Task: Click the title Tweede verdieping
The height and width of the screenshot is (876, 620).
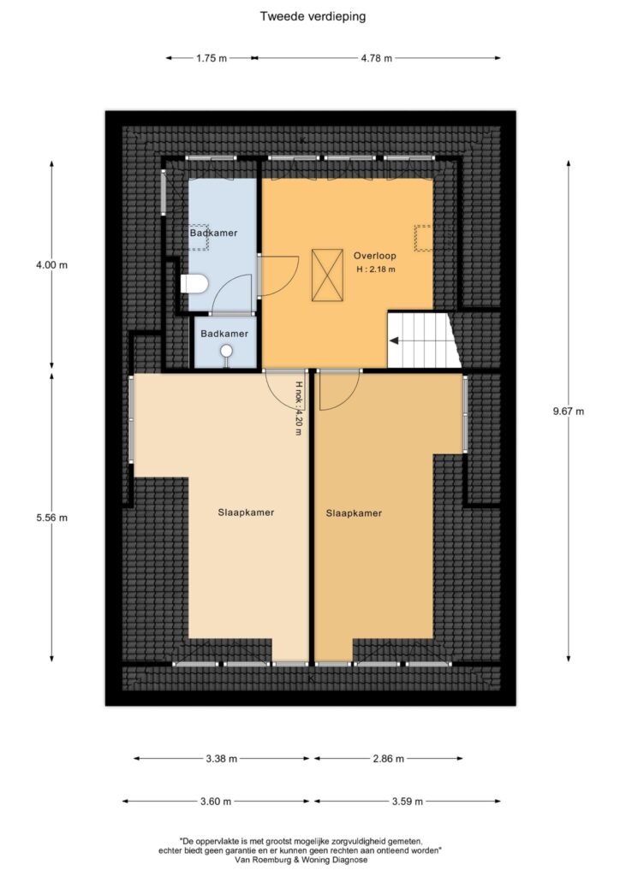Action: tap(313, 16)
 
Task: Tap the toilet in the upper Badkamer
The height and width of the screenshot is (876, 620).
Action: tap(194, 284)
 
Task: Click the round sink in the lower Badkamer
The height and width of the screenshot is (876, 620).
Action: tap(226, 351)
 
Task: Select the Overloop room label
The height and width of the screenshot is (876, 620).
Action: tap(374, 256)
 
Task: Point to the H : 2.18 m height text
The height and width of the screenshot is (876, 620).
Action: tap(376, 269)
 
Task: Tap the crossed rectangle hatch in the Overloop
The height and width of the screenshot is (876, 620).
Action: tap(327, 275)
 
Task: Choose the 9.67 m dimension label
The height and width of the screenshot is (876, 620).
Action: tap(569, 411)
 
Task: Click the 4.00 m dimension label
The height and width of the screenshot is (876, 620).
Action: tap(51, 265)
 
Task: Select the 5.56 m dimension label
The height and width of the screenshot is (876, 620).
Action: tap(51, 518)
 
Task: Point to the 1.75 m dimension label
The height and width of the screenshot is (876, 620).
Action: tap(212, 57)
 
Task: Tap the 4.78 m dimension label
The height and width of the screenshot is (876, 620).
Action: tap(376, 57)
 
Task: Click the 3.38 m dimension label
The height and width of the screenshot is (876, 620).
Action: tap(222, 758)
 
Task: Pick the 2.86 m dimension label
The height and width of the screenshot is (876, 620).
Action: tap(388, 758)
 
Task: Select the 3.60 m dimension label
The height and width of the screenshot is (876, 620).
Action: tap(216, 801)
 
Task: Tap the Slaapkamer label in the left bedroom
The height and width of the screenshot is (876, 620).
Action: tap(246, 512)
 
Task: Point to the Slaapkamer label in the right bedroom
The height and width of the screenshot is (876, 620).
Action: tap(354, 513)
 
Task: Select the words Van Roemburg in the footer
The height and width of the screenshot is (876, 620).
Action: tap(263, 859)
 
